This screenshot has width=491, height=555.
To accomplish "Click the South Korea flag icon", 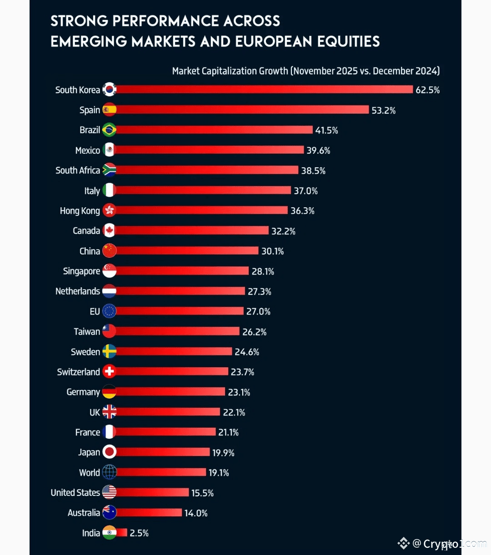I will tap(109, 90).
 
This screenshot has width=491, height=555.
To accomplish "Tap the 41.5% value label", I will tap(326, 130).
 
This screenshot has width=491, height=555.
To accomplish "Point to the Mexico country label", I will tap(87, 150).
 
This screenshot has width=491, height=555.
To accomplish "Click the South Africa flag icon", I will tap(109, 170).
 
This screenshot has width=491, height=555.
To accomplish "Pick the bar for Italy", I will tap(203, 190).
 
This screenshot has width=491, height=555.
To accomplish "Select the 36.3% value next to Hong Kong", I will tap(302, 211).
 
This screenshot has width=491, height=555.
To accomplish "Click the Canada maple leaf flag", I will tap(109, 230).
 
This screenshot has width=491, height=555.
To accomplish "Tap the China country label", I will tap(90, 251).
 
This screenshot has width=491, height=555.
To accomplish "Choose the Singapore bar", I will tap(182, 271).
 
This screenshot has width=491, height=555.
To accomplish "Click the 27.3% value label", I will tap(259, 291).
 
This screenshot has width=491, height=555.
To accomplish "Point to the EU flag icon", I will tap(109, 311).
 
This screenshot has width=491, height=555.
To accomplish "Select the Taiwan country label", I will tap(87, 332).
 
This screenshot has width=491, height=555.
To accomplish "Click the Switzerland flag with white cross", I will tap(109, 371).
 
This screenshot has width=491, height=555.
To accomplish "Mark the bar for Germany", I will tap(170, 391).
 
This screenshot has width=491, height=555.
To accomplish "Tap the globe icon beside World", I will tap(109, 472).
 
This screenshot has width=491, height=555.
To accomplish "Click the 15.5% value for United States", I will tap(202, 493).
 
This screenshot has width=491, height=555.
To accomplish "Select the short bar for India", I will tap(121, 533).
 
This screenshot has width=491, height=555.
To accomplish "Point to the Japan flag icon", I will tap(109, 452).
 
